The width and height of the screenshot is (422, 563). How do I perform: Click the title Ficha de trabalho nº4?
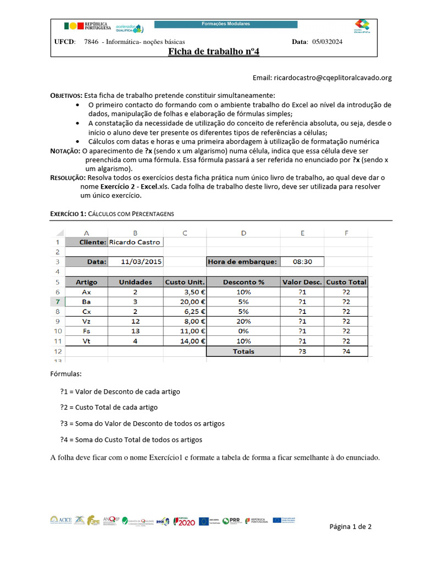pyautogui.click(x=213, y=52)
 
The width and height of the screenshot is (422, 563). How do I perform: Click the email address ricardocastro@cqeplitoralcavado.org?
pyautogui.click(x=322, y=78)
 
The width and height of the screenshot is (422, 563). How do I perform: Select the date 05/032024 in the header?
pyautogui.click(x=327, y=42)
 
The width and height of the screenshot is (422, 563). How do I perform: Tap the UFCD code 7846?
pyautogui.click(x=91, y=42)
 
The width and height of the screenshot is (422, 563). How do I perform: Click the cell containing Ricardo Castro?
pyautogui.click(x=136, y=242)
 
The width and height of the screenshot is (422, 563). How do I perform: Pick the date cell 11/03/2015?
pyautogui.click(x=141, y=262)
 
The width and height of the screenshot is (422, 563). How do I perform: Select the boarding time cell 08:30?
pyautogui.click(x=302, y=262)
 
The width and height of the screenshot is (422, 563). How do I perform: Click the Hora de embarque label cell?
pyautogui.click(x=243, y=262)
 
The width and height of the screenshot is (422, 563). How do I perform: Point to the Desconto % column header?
pyautogui.click(x=243, y=282)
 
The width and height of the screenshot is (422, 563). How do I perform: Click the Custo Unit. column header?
pyautogui.click(x=185, y=282)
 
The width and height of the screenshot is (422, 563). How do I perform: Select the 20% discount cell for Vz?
pyautogui.click(x=243, y=321)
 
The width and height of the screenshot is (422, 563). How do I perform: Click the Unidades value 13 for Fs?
pyautogui.click(x=136, y=331)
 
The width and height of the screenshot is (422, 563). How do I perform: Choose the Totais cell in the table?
pyautogui.click(x=243, y=351)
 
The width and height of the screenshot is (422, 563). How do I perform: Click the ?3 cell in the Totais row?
pyautogui.click(x=302, y=351)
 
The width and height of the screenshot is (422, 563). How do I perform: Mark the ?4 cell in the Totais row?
pyautogui.click(x=346, y=351)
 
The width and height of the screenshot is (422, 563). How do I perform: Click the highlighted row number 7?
pyautogui.click(x=57, y=301)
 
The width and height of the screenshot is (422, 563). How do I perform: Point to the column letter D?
pyautogui.click(x=243, y=233)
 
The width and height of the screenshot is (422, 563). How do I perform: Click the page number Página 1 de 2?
pyautogui.click(x=351, y=527)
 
